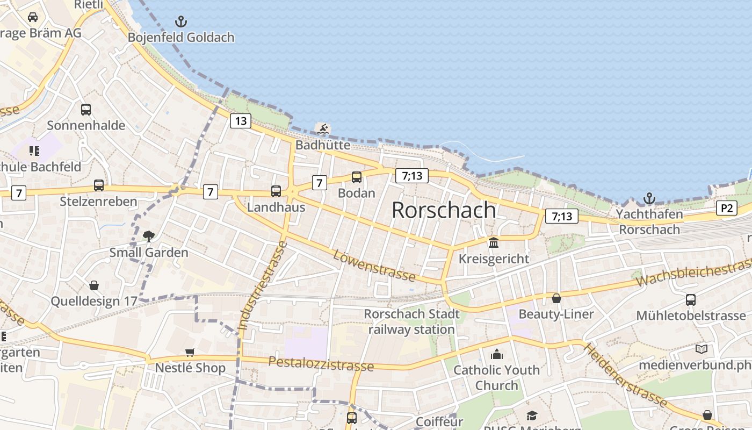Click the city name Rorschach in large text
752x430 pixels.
click(x=444, y=210)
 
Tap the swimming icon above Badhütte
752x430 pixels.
click(x=323, y=129)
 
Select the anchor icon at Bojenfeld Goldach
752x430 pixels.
click(x=181, y=22)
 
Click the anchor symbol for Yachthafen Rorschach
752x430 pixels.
click(x=649, y=198)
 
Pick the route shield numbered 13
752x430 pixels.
click(x=241, y=121)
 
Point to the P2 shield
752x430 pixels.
click(x=726, y=208)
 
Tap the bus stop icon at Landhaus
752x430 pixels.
click(x=276, y=191)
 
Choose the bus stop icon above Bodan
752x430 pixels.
click(x=356, y=177)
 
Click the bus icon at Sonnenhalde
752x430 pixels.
click(x=86, y=110)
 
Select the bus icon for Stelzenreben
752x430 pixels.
click(x=99, y=185)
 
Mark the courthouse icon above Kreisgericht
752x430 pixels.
click(x=494, y=242)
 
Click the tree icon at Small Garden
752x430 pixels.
click(x=149, y=236)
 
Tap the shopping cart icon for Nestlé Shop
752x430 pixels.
click(x=190, y=352)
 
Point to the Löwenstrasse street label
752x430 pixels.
click(x=374, y=266)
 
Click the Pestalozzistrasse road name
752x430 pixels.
click(x=321, y=363)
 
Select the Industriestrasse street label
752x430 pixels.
click(x=262, y=286)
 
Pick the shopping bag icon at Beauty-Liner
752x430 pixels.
click(x=556, y=298)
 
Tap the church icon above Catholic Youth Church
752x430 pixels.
click(x=497, y=354)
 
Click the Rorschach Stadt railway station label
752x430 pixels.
click(x=412, y=321)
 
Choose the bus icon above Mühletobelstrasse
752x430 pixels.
click(x=691, y=299)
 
